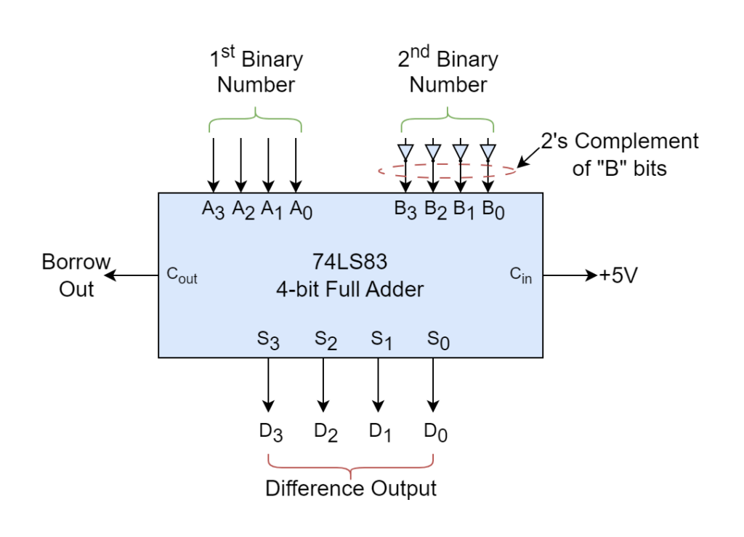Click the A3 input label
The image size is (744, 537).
pos(213,209)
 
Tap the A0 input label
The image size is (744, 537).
pos(301,209)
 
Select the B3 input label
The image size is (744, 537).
pos(405,209)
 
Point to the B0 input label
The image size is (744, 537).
pos(493,209)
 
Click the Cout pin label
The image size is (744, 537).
pos(182,275)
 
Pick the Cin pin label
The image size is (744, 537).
pos(520,275)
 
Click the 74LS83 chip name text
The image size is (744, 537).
pos(349,262)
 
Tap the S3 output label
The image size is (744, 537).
pos(268,340)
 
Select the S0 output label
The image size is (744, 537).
pos(438,340)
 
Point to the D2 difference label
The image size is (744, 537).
pos(326,432)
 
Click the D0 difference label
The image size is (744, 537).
pos(436,432)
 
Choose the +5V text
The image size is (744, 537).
pos(618,275)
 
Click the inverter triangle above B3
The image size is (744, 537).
pos(405,152)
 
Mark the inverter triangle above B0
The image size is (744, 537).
pos(488,152)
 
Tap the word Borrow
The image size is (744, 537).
pos(76,262)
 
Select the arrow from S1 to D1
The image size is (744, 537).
pos(378,384)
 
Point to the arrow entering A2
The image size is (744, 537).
pos(241,165)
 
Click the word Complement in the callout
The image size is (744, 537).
pos(636,142)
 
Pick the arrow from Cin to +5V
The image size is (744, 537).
pos(570,275)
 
